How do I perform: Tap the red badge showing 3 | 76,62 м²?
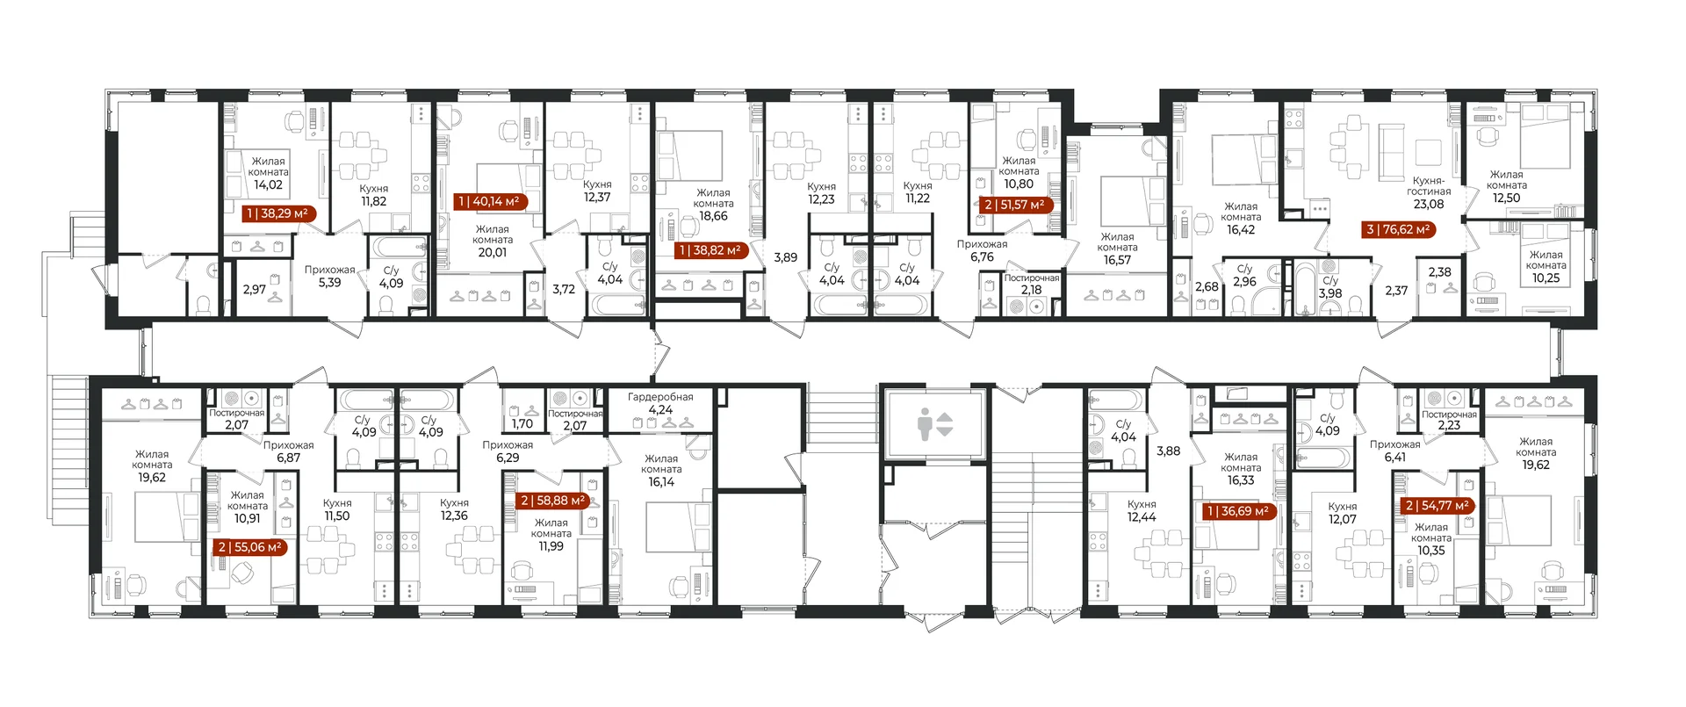[1399, 230]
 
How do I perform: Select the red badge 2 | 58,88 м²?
[552, 501]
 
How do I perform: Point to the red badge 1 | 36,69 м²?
[1238, 511]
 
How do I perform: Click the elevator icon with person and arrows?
[934, 424]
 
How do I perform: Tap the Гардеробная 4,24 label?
[660, 403]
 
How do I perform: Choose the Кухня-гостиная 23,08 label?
[1429, 192]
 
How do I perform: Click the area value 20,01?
[493, 253]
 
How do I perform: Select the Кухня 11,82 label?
[374, 195]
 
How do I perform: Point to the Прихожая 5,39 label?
[329, 277]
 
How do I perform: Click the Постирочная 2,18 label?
[1032, 284]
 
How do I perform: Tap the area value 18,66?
[713, 216]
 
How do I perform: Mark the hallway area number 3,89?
[786, 258]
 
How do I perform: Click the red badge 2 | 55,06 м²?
[250, 547]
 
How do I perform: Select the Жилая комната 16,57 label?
[1118, 249]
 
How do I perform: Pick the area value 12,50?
[1507, 198]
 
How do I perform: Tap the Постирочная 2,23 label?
[1449, 420]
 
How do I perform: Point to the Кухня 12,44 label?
[1142, 511]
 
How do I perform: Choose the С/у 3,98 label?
[1330, 287]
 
